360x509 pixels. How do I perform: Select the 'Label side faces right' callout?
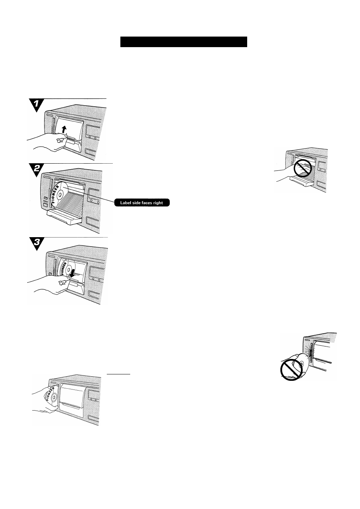pyautogui.click(x=142, y=203)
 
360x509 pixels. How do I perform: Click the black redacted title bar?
pyautogui.click(x=183, y=42)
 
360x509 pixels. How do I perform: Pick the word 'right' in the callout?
pyautogui.click(x=158, y=203)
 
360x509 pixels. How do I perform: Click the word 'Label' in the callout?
pyautogui.click(x=125, y=203)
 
